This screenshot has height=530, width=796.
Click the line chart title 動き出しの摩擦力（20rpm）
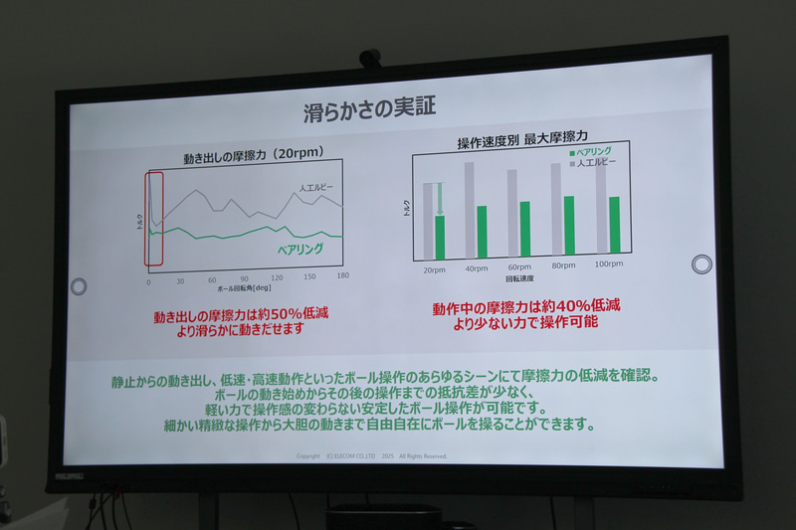(250, 158)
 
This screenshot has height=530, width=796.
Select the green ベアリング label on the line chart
(299, 249)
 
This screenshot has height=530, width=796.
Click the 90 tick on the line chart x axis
(244, 278)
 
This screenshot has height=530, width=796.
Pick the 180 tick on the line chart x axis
(342, 275)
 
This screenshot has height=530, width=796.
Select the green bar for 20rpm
(440, 237)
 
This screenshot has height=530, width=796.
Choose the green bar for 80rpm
(569, 226)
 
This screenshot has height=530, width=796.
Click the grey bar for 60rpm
(512, 213)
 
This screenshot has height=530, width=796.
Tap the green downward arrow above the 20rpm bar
(440, 197)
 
